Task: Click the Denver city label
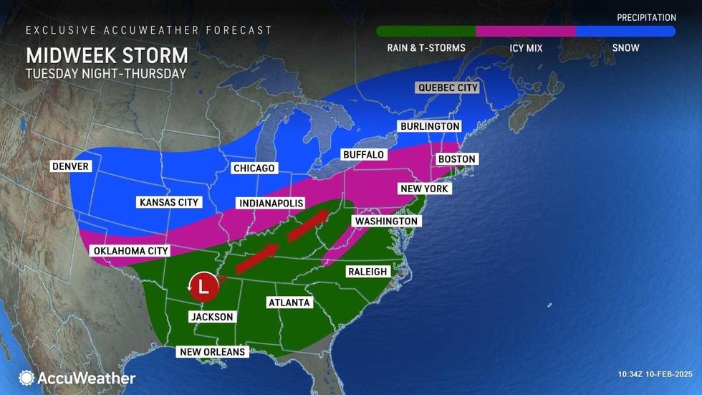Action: click(70, 166)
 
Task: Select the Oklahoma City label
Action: click(130, 251)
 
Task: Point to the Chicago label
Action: click(254, 168)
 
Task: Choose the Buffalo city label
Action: click(363, 154)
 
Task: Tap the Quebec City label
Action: click(448, 87)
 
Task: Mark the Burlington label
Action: click(429, 126)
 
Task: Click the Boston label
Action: click(457, 158)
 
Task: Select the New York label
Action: click(425, 189)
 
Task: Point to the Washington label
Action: click(385, 222)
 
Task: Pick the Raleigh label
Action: click(367, 272)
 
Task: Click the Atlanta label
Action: click(289, 303)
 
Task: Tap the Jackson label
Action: click(212, 317)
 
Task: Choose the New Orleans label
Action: click(213, 352)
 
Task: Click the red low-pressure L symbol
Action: click(203, 287)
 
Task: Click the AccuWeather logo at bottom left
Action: click(77, 378)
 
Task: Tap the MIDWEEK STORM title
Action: click(107, 55)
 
